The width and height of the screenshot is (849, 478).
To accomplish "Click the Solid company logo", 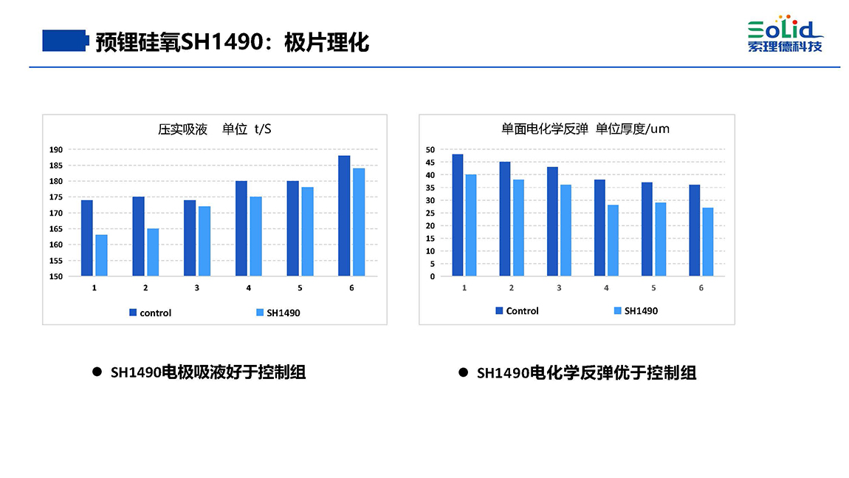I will point(785,34).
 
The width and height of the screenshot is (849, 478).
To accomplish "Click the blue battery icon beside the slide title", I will point(64,41).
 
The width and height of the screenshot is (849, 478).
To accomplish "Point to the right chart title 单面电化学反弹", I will point(544,129).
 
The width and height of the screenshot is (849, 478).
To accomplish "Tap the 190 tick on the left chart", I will point(56,149).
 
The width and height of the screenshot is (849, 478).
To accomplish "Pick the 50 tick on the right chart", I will point(430,149).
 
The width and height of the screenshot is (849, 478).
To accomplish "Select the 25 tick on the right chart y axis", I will point(430,213).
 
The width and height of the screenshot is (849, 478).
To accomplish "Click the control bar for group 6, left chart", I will point(344,216).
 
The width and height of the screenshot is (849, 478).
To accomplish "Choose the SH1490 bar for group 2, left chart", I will point(153,252).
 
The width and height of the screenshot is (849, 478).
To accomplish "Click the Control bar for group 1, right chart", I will point(458,215).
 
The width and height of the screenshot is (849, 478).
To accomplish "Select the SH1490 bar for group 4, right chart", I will point(613,240).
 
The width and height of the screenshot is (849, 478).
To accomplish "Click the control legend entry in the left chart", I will point(150,313).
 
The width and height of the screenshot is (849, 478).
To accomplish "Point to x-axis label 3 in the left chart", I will point(196,287).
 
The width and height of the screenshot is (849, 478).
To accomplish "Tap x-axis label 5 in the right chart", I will point(653,287).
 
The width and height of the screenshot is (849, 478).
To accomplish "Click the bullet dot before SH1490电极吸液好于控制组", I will point(96,372).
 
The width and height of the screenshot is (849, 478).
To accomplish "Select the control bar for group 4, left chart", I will point(241,228).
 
